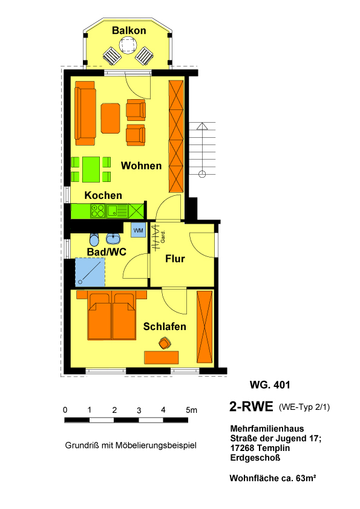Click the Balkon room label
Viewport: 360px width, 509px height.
click(x=129, y=30)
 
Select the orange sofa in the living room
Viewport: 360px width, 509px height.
click(x=85, y=113)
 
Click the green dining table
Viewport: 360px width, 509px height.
click(x=91, y=169)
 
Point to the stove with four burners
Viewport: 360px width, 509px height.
click(x=98, y=211)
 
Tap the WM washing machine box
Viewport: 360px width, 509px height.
click(x=139, y=230)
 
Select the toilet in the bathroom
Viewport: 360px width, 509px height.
click(x=94, y=239)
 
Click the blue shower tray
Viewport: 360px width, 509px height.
click(x=90, y=272)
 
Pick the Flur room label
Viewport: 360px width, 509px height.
click(x=175, y=259)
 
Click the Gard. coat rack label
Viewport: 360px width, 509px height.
click(x=163, y=236)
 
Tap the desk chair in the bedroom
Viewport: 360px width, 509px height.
click(x=165, y=343)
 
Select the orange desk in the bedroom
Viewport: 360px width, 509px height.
click(x=162, y=357)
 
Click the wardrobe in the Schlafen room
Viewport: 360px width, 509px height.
click(x=205, y=327)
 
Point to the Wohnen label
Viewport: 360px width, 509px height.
click(x=142, y=166)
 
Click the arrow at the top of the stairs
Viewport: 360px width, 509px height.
click(x=202, y=126)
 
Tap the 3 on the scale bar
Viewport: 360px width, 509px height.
click(x=139, y=410)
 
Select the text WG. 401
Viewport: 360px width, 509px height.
click(x=270, y=385)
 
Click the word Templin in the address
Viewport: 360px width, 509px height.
click(x=273, y=448)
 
